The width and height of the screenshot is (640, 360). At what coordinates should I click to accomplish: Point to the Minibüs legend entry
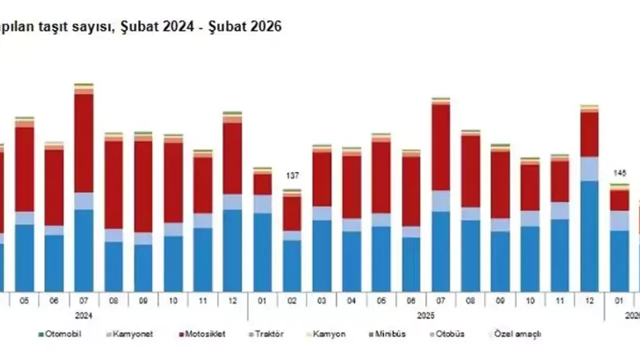(x=390, y=334)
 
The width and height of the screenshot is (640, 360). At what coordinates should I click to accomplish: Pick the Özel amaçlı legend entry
(x=517, y=334)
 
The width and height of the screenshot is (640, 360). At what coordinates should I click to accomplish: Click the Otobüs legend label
(x=450, y=334)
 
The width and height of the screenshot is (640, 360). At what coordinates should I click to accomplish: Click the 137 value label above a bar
(x=292, y=176)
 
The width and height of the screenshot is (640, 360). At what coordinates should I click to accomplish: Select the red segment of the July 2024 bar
(x=84, y=143)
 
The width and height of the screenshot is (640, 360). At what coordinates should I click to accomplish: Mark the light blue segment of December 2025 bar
(x=590, y=169)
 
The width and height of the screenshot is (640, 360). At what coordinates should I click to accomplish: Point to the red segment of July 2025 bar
(x=441, y=147)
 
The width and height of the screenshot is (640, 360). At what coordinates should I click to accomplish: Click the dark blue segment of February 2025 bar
(x=292, y=265)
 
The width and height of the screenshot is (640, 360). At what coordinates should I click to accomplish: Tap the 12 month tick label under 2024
(x=232, y=301)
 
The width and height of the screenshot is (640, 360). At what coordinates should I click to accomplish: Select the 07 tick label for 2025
(x=441, y=301)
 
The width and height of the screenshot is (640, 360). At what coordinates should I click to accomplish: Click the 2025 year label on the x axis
(x=425, y=316)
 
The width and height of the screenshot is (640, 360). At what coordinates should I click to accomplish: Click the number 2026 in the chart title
(x=262, y=26)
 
